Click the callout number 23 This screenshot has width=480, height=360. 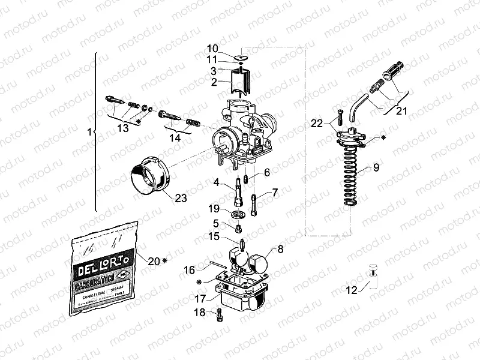179,197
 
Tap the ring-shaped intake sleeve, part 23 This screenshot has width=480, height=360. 150,175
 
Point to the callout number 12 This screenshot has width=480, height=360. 352,290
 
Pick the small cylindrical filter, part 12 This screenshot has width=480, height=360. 374,276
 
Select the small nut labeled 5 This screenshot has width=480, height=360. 238,228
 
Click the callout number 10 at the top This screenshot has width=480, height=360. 213,48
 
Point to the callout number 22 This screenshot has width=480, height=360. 316,124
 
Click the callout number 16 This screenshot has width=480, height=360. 190,269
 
